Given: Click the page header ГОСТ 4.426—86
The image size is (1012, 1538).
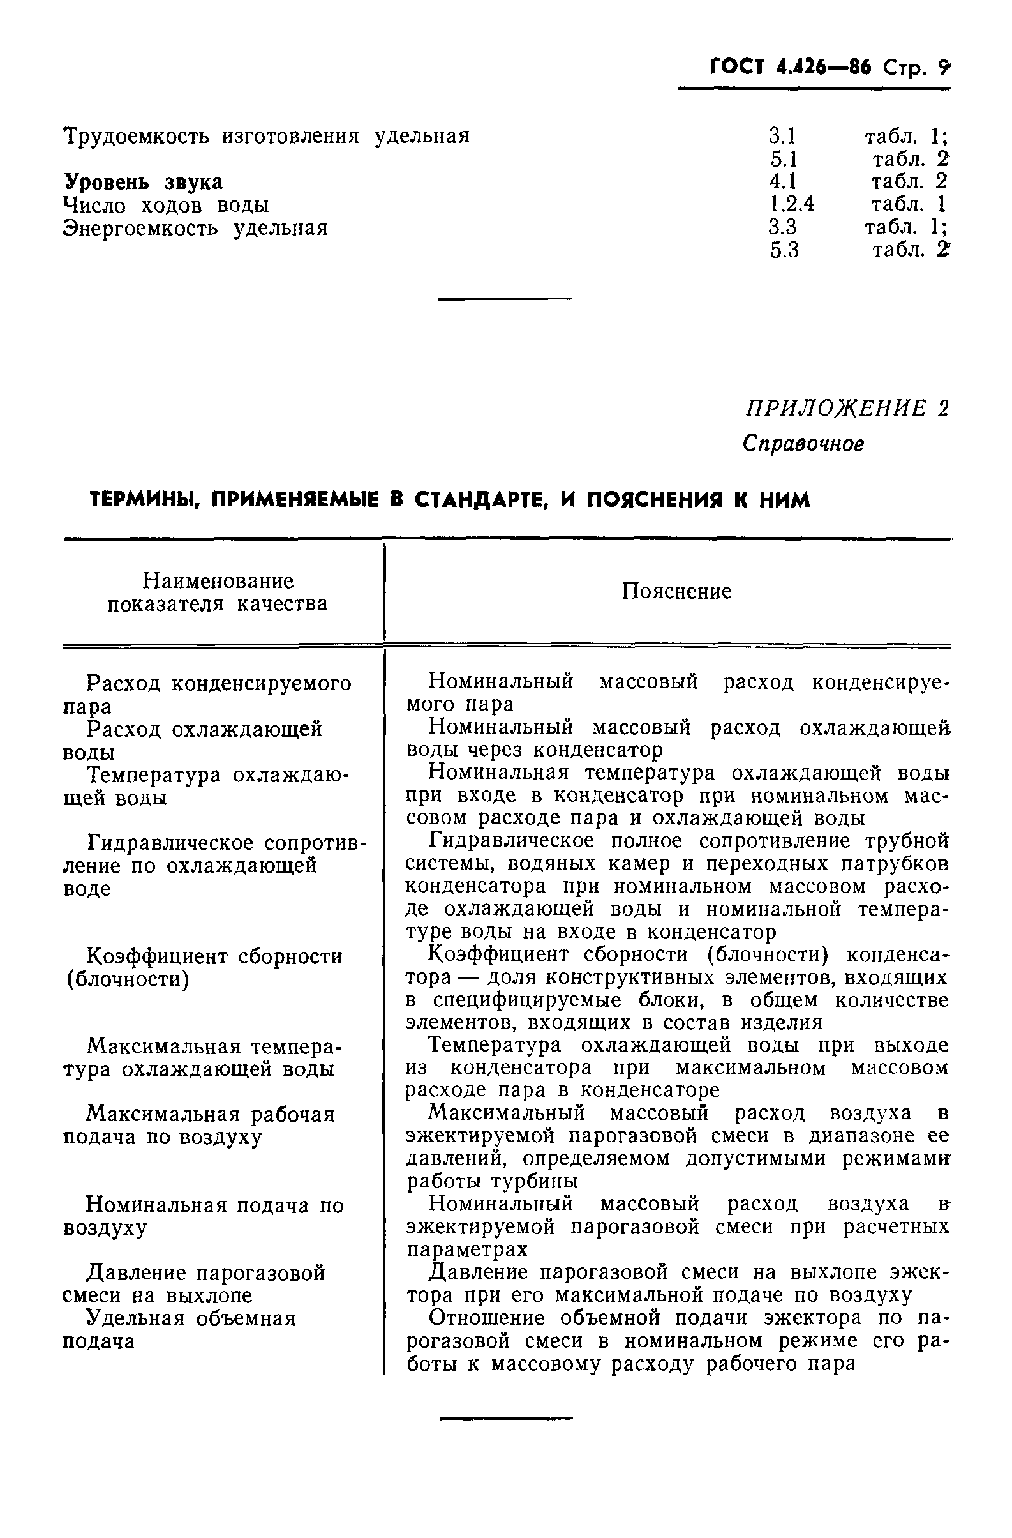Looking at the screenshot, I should [x=789, y=67].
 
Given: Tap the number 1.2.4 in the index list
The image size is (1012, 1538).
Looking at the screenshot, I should [x=792, y=205].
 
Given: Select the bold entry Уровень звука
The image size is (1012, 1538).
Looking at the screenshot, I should [x=143, y=182].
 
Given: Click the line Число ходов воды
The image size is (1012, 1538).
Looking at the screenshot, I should [x=166, y=206].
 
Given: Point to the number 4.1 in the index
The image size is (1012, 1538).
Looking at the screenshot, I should [x=782, y=181].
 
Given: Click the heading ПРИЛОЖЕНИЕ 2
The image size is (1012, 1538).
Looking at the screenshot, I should [x=847, y=409].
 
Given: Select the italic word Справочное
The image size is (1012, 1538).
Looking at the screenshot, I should [x=803, y=443].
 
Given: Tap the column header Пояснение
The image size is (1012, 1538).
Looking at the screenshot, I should [x=676, y=591].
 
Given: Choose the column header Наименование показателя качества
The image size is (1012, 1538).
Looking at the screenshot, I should [x=218, y=592].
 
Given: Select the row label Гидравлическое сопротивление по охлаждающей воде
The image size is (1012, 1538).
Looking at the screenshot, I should [x=213, y=865].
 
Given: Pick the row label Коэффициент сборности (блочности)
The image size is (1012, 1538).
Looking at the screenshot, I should [x=204, y=967].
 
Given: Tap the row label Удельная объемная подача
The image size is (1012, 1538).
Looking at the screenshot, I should [x=179, y=1329].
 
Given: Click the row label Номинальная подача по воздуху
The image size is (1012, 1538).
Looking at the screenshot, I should [x=204, y=1216].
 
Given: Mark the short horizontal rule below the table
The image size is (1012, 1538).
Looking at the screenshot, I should [x=505, y=1419].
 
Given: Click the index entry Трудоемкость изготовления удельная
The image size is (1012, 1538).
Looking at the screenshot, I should [x=266, y=137].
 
